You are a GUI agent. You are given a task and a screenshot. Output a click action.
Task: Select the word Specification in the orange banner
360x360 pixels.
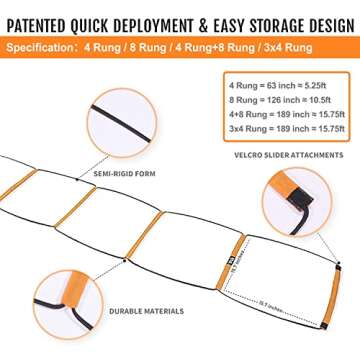coord(43,44)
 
